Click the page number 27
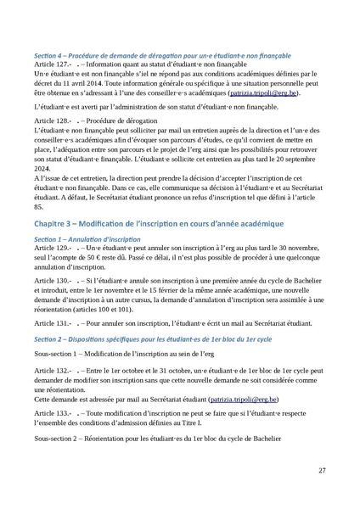coord(323,469)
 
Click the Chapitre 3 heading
coord(160,222)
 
